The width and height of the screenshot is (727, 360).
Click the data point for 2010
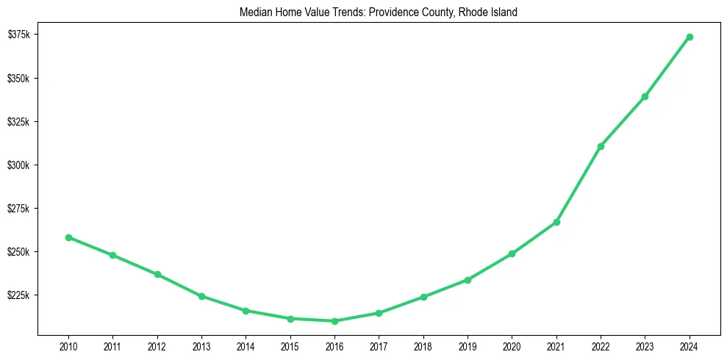[x=68, y=237]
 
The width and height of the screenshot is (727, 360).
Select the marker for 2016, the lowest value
[x=334, y=321]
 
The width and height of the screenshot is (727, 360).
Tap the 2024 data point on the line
[x=690, y=37]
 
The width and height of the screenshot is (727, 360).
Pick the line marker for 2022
[x=601, y=146]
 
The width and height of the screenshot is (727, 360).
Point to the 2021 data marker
[x=556, y=222]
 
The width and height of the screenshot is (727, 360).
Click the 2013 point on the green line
[x=201, y=296]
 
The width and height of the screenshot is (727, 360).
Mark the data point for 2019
[x=468, y=280]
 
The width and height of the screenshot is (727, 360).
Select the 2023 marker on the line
[x=645, y=96]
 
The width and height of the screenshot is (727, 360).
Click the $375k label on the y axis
[x=19, y=35]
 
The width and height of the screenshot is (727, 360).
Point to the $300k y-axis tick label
[x=19, y=165]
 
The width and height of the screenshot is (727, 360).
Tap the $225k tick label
[x=19, y=295]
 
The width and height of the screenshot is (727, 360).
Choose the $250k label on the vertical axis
[x=19, y=252]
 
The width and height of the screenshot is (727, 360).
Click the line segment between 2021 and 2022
[x=579, y=184]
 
